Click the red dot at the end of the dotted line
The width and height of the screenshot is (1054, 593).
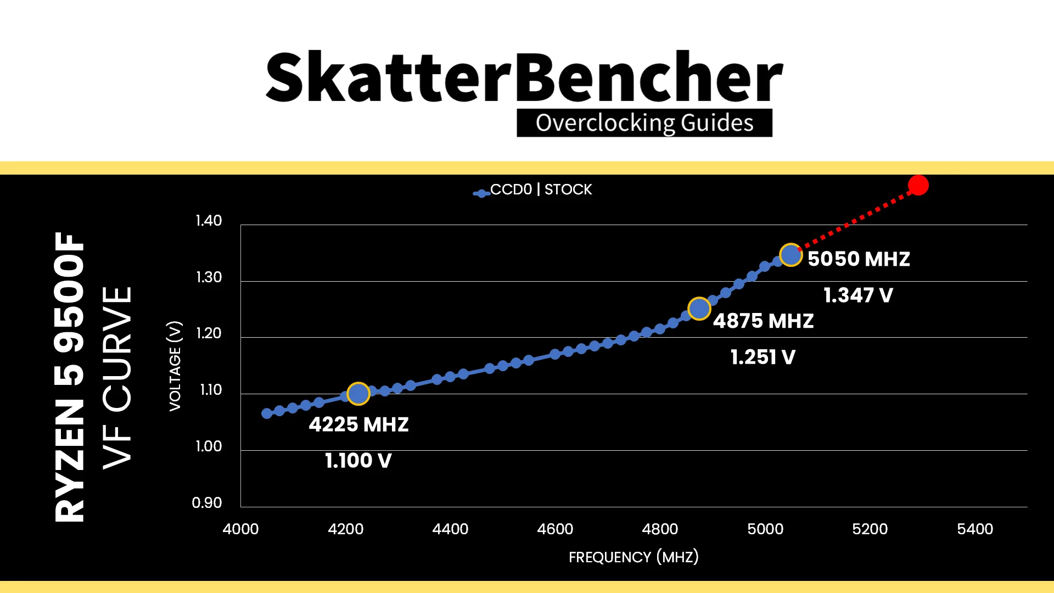pyautogui.click(x=918, y=186)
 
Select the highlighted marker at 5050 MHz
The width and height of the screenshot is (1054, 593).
pyautogui.click(x=790, y=255)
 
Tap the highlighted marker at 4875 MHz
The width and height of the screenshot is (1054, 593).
pyautogui.click(x=699, y=309)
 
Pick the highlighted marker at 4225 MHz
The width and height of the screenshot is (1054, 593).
pyautogui.click(x=358, y=394)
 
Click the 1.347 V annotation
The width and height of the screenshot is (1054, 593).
pyautogui.click(x=858, y=295)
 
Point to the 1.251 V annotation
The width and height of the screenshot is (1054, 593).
pyautogui.click(x=763, y=357)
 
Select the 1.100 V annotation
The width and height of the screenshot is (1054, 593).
pyautogui.click(x=358, y=461)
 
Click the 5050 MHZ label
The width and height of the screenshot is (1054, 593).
pyautogui.click(x=859, y=259)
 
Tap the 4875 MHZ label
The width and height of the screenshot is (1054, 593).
pyautogui.click(x=763, y=321)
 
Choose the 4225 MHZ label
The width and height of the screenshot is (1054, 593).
pyautogui.click(x=358, y=424)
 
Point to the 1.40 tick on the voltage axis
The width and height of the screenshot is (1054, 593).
pyautogui.click(x=209, y=221)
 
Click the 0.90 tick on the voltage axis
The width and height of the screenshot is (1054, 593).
pyautogui.click(x=207, y=502)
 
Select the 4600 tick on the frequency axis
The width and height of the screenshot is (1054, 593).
pyautogui.click(x=555, y=529)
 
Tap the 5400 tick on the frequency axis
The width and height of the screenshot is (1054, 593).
pyautogui.click(x=975, y=529)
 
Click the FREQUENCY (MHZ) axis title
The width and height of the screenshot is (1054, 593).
pyautogui.click(x=633, y=557)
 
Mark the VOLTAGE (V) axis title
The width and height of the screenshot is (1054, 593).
pyautogui.click(x=175, y=366)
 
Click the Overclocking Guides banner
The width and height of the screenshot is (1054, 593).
pyautogui.click(x=644, y=123)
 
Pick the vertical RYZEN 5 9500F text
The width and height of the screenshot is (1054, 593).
pyautogui.click(x=70, y=377)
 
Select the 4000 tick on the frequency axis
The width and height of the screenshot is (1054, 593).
pyautogui.click(x=240, y=529)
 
